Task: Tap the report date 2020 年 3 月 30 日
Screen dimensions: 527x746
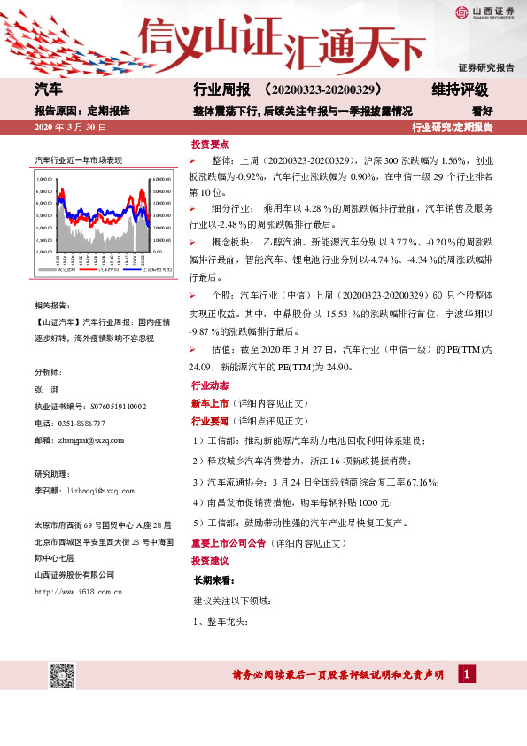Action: click(70, 128)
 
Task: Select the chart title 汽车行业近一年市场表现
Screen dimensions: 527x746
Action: click(78, 160)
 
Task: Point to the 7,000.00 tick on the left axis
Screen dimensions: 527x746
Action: click(44, 179)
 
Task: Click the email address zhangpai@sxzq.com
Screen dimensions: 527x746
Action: click(94, 439)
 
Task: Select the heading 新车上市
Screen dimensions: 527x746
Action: click(210, 404)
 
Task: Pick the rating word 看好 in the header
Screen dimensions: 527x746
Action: click(482, 112)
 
